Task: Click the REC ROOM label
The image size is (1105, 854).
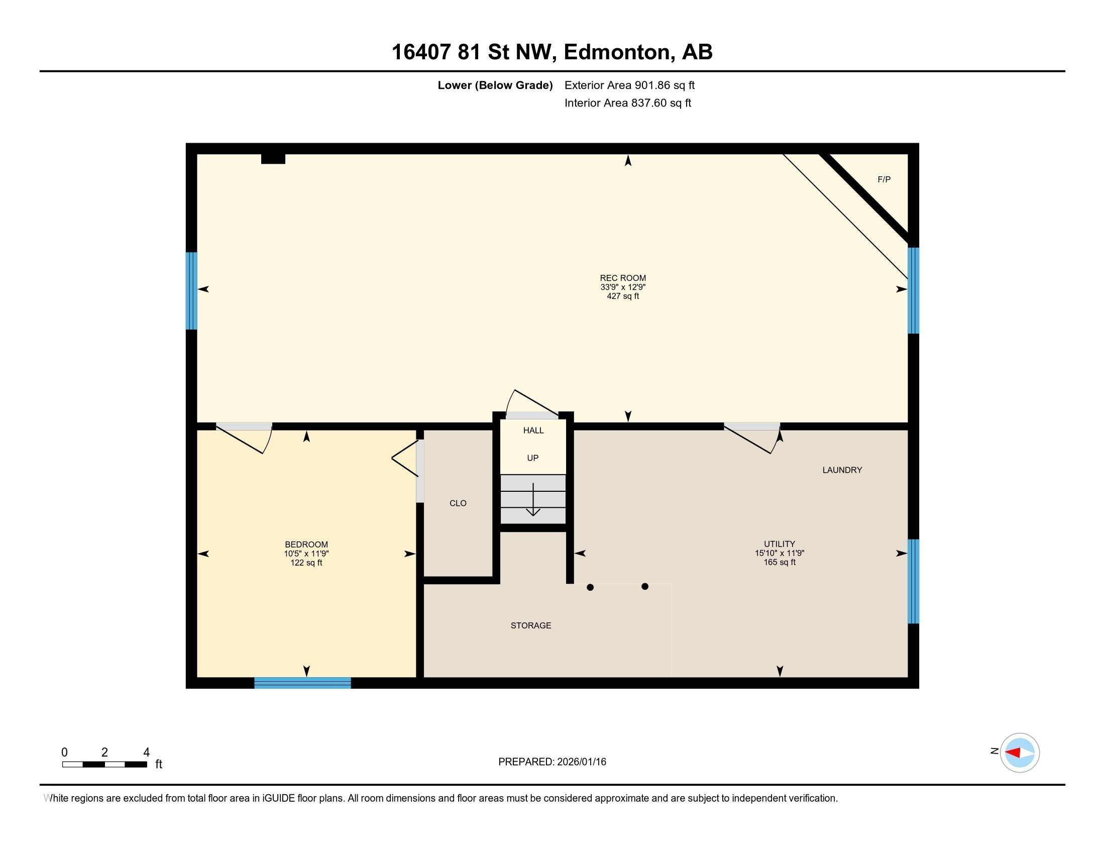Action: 623,278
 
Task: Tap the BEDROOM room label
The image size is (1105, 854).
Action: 306,545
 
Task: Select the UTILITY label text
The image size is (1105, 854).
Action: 780,545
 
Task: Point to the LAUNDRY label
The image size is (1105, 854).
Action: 842,470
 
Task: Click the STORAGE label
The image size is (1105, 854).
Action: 531,625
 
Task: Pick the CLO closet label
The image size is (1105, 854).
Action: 458,503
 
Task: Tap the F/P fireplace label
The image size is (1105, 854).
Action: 884,179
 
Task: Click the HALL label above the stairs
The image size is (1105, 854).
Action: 533,430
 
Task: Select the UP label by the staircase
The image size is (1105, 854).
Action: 533,458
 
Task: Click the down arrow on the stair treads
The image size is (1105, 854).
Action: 533,499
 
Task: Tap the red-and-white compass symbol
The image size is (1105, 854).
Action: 1020,753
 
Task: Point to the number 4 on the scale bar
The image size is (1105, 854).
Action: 146,752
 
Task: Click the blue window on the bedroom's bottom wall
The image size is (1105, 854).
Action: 302,683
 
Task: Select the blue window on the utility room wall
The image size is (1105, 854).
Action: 913,581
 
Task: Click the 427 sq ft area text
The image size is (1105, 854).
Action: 623,296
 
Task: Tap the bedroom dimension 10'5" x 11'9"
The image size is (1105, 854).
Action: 306,554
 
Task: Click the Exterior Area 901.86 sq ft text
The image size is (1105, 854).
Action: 629,85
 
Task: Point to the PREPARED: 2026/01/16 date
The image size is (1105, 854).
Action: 552,762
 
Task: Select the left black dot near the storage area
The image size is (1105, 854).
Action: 590,587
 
